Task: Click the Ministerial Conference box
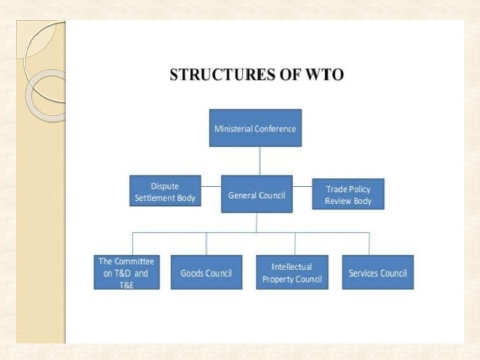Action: pos(255,128)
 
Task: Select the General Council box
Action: pos(257,194)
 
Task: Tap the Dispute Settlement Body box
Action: pos(165,191)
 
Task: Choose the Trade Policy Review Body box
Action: pos(348,194)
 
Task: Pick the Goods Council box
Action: pos(207,272)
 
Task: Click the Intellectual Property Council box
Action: pos(292,272)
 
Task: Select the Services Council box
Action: pos(377,272)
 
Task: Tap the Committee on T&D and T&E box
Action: pos(127,272)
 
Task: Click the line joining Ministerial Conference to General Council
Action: pos(259,161)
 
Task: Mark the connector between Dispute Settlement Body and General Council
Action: pos(210,186)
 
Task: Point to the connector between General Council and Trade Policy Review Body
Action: pos(302,186)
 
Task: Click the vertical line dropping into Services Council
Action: pos(369,243)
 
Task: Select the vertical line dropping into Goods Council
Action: pos(206,243)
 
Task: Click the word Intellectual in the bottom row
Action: pos(291,266)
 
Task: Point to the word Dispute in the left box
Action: pos(165,186)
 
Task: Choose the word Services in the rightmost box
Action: pos(364,273)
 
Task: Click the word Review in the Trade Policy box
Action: pos(339,201)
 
